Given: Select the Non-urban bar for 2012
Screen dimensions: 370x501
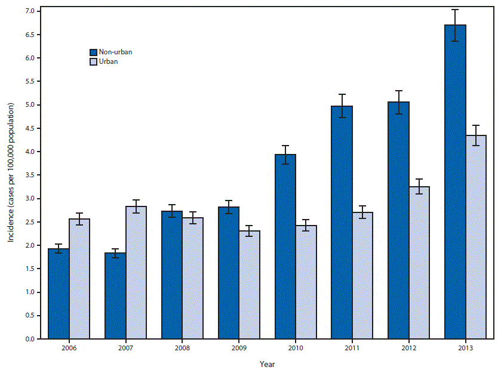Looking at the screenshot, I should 398,220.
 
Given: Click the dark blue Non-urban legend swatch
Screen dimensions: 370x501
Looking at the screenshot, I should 94,52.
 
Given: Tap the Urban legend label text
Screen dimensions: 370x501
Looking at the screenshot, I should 109,61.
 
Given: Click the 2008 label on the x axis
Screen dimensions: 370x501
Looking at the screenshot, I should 182,348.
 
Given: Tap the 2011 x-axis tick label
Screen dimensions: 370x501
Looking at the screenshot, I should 352,348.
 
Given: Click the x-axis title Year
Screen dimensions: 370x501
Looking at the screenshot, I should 268,363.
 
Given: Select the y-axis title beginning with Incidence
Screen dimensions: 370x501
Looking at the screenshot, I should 11,173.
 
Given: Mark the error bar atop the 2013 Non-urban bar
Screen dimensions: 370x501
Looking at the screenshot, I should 455,25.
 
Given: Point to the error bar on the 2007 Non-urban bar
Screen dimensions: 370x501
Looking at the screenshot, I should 115,253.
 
